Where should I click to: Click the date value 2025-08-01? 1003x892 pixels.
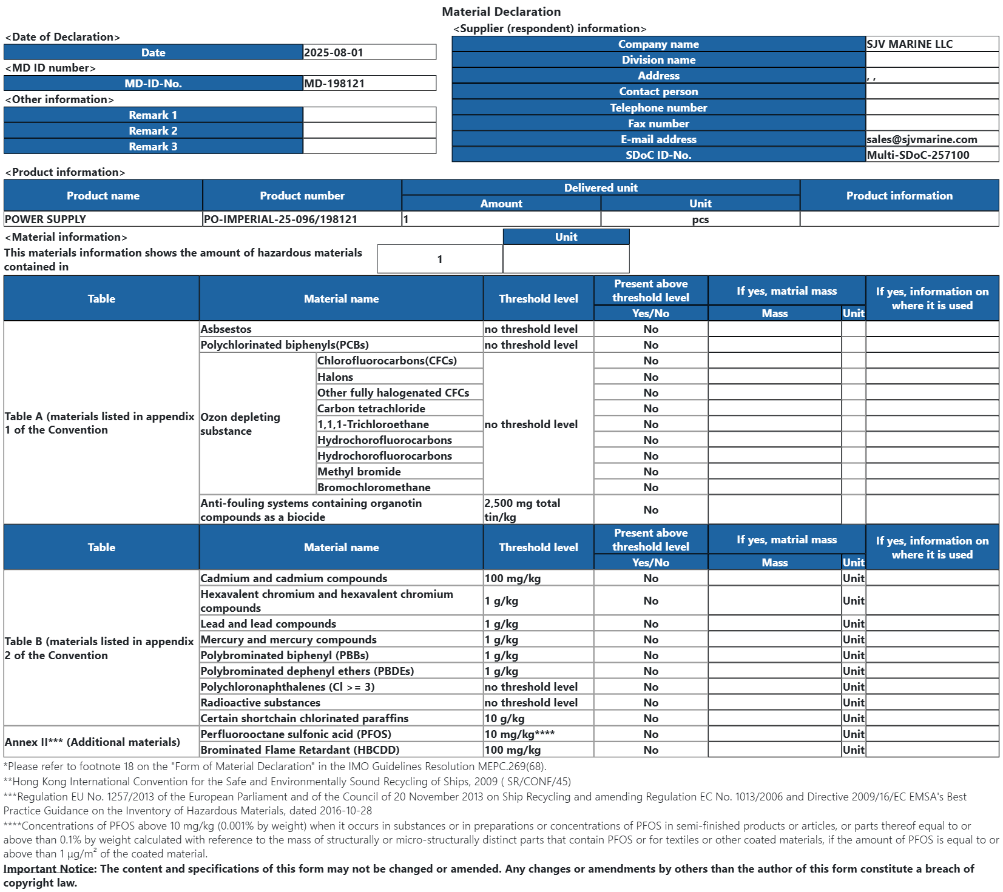pos(334,53)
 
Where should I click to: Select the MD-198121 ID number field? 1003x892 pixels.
pos(334,84)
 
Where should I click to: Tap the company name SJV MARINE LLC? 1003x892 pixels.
pos(910,44)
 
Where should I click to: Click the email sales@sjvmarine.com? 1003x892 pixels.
pos(922,139)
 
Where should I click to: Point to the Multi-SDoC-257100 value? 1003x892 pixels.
pos(918,155)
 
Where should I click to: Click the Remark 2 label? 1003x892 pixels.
pos(153,131)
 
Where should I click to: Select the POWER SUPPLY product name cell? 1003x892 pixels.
pos(46,220)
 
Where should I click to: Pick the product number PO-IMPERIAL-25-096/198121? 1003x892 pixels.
pos(280,220)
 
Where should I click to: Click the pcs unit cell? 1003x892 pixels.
pos(700,220)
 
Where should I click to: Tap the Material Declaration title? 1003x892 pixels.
pos(501,12)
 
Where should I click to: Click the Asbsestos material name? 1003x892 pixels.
pos(226,329)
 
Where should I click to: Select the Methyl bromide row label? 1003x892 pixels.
pos(359,472)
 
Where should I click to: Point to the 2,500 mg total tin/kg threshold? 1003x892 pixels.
pos(522,510)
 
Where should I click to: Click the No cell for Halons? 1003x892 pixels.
pos(650,377)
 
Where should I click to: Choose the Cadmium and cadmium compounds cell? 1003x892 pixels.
pos(294,578)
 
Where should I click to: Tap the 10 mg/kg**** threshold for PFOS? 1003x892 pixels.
pos(519,734)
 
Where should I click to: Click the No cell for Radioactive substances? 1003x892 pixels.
pos(650,703)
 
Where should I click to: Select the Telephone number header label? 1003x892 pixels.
pos(658,108)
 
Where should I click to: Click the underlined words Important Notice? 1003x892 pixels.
pos(49,869)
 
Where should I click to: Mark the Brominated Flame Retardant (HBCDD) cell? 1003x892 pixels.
pos(300,750)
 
